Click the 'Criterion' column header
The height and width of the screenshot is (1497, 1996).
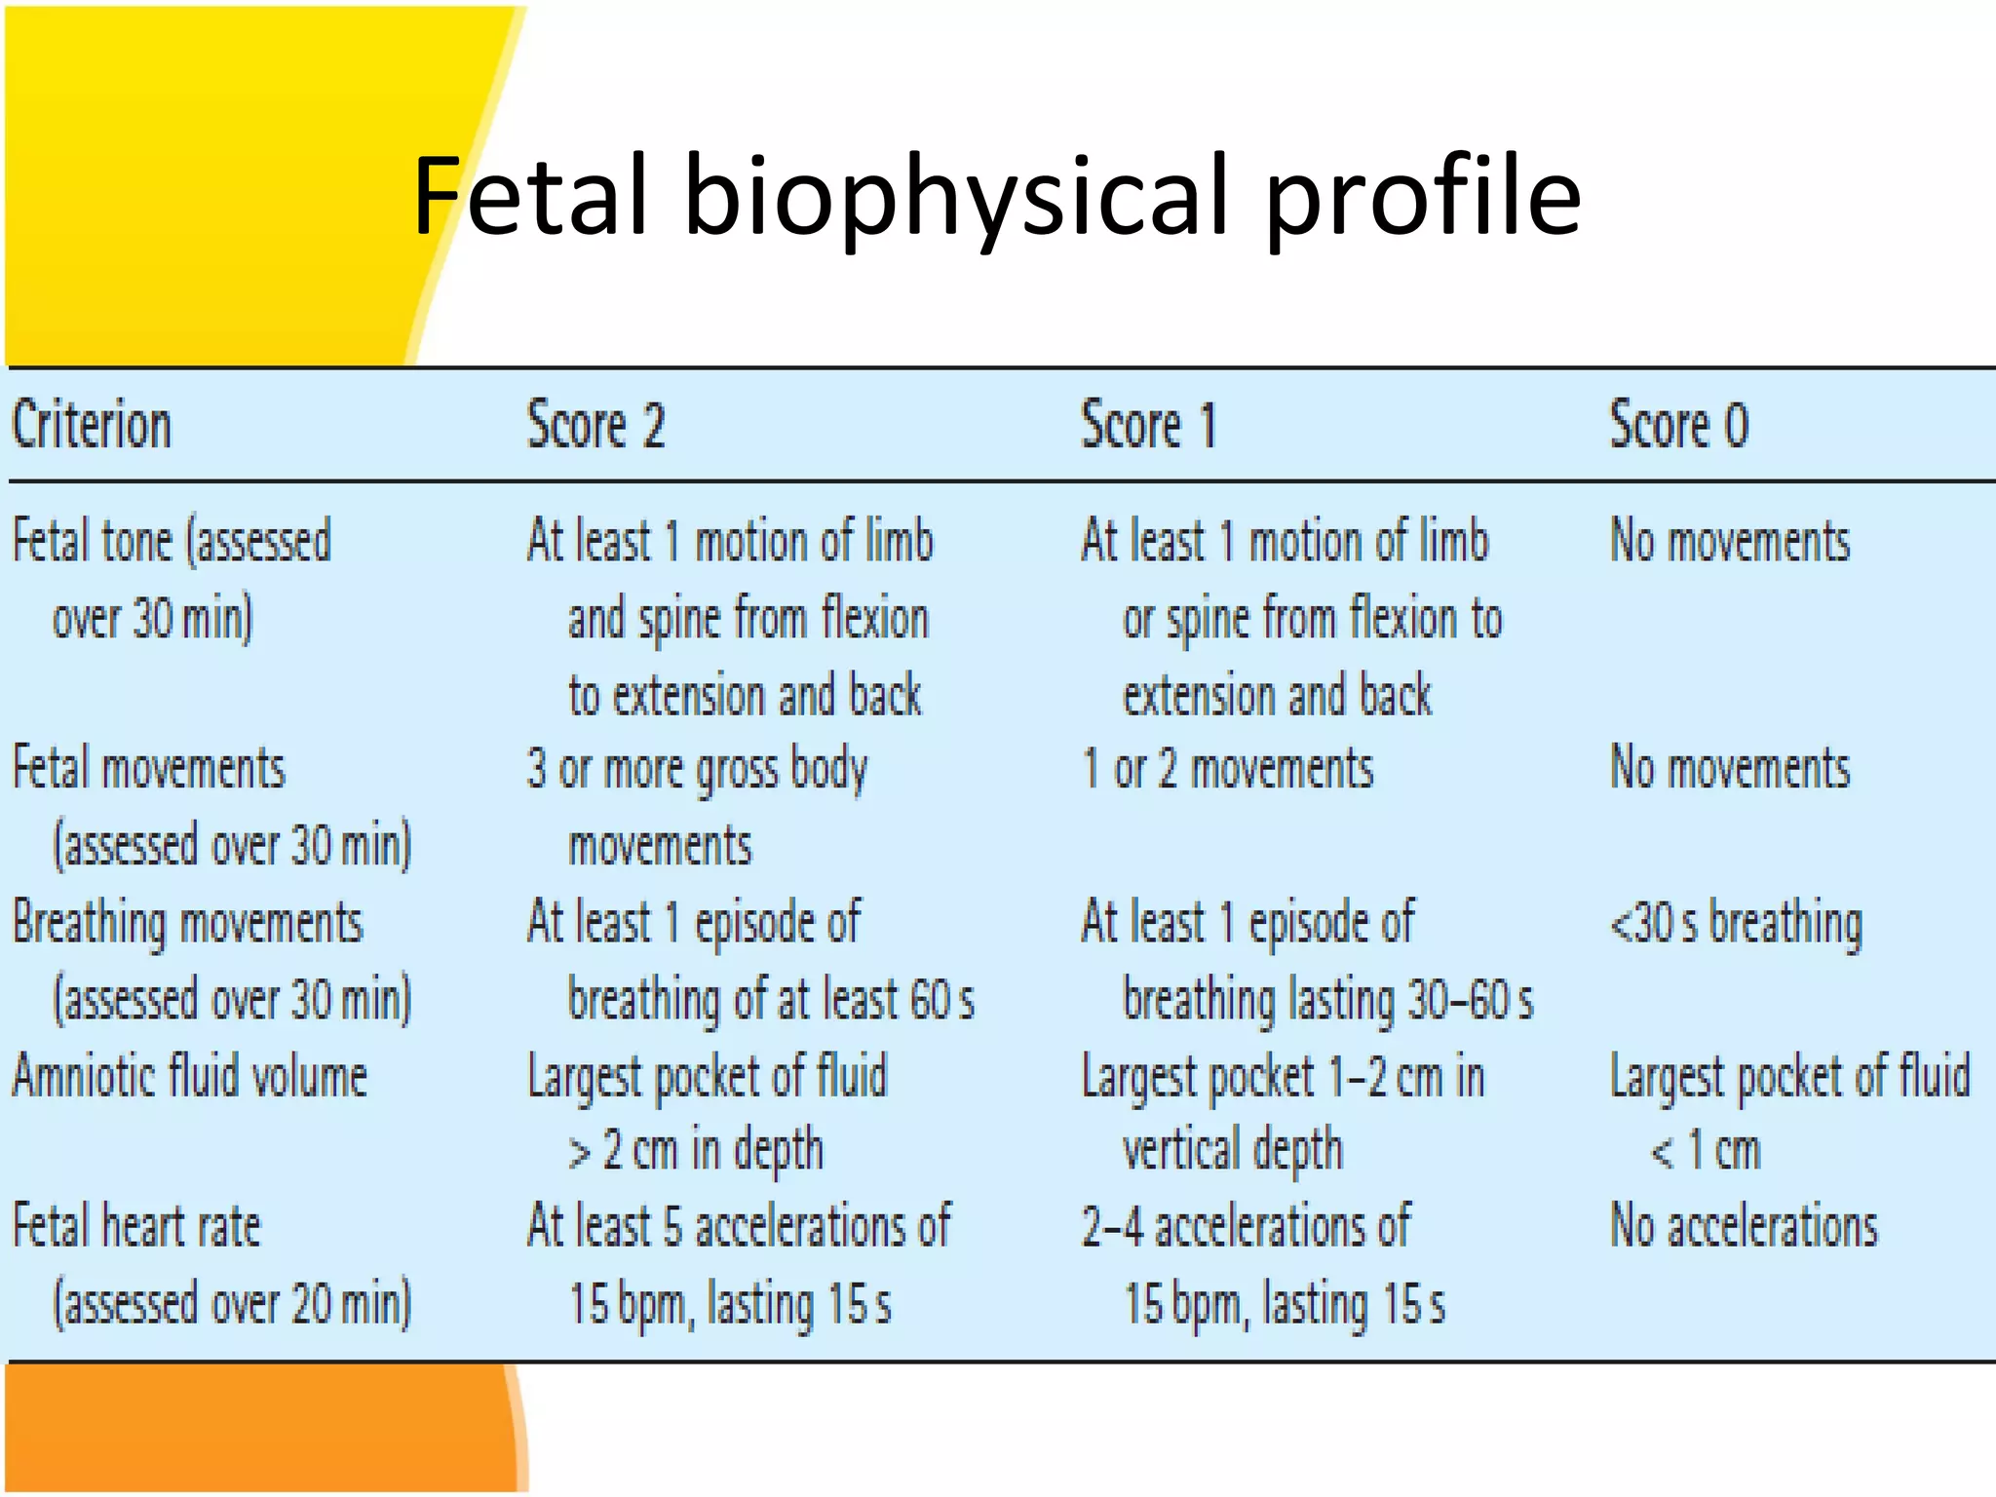pyautogui.click(x=92, y=426)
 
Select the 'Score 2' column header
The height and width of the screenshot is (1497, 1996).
pyautogui.click(x=595, y=426)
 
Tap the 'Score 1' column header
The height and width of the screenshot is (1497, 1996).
pyautogui.click(x=1149, y=426)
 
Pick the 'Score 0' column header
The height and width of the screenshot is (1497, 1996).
pyautogui.click(x=1678, y=426)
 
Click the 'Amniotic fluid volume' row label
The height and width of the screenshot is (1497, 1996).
pyautogui.click(x=190, y=1077)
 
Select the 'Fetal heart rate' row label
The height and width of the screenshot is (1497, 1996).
pyautogui.click(x=136, y=1226)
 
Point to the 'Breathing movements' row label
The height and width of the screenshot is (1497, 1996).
pyautogui.click(x=187, y=923)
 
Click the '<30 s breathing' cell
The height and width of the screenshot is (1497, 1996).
pyautogui.click(x=1736, y=923)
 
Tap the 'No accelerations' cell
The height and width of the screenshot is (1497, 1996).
pyautogui.click(x=1744, y=1226)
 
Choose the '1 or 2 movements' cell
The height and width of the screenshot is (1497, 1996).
pyautogui.click(x=1228, y=769)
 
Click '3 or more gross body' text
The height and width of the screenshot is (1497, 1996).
pyautogui.click(x=697, y=769)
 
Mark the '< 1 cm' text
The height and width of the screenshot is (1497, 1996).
pyautogui.click(x=1706, y=1151)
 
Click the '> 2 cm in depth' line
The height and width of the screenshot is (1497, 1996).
pyautogui.click(x=696, y=1151)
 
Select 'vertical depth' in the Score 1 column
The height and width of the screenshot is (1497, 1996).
pyautogui.click(x=1233, y=1151)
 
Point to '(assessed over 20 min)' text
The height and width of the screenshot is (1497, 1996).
pyautogui.click(x=232, y=1304)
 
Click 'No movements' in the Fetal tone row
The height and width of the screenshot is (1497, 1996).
pyautogui.click(x=1730, y=541)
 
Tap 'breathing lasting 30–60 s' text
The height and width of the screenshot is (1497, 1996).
pyautogui.click(x=1328, y=1001)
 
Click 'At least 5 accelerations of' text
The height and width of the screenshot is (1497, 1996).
pyautogui.click(x=739, y=1226)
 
